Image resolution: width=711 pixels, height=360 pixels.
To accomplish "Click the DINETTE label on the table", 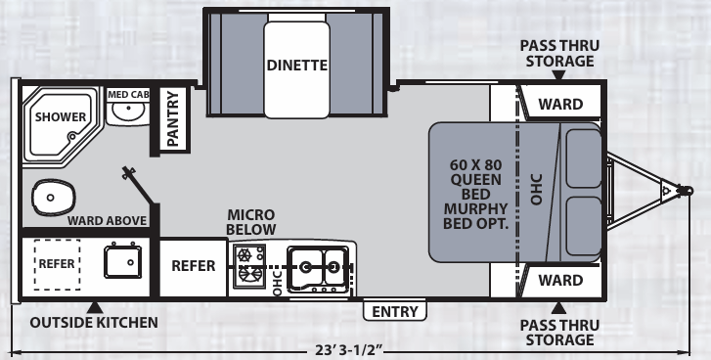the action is click(297, 66).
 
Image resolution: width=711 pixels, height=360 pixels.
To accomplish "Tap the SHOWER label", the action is click(61, 117).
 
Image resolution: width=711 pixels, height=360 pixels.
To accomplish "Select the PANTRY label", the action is click(173, 118).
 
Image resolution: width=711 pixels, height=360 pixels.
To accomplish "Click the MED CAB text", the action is click(128, 95).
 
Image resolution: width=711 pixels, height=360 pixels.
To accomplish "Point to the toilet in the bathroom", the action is click(53, 198).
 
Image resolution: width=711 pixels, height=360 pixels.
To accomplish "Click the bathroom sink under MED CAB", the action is click(128, 112).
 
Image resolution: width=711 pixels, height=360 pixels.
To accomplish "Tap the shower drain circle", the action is click(72, 136).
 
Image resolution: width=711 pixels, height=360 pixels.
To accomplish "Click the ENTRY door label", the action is click(394, 311).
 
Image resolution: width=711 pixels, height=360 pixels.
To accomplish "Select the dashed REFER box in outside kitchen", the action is click(57, 264).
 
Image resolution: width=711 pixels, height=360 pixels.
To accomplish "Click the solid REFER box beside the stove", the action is click(194, 266).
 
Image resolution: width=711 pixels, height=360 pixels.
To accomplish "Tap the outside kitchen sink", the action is click(123, 261).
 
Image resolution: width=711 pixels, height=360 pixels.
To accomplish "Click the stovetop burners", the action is click(249, 265).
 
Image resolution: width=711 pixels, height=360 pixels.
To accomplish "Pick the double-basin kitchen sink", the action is click(319, 267).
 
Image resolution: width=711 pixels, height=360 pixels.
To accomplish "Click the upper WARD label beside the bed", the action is click(560, 105).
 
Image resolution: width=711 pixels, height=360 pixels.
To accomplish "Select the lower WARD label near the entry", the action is click(560, 280).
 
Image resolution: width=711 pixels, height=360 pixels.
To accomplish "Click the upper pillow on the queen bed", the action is click(584, 158).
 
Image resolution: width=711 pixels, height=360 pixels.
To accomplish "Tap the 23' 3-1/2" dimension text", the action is click(349, 350).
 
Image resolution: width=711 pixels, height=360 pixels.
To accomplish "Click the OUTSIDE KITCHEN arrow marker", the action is click(95, 308).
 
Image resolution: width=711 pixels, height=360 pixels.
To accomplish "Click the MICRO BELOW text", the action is click(250, 222).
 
